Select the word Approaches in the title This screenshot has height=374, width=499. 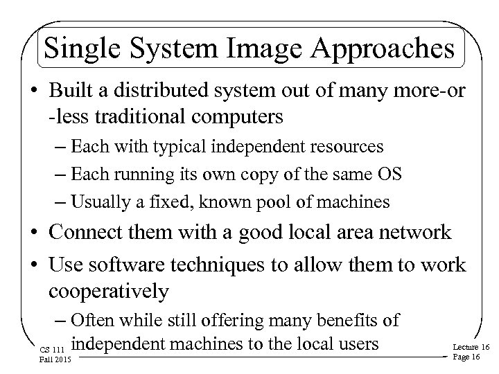(x=385, y=51)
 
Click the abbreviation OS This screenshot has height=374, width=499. (x=390, y=174)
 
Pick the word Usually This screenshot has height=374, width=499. (x=103, y=202)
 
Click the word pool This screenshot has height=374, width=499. (x=278, y=202)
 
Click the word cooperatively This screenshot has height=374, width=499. (x=109, y=291)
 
